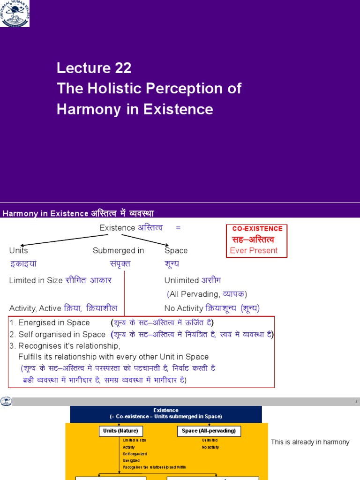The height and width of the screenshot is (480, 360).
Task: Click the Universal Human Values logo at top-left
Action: coord(15,13)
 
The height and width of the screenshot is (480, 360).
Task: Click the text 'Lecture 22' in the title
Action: coord(94,68)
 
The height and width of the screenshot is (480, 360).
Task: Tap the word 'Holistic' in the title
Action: coord(112,89)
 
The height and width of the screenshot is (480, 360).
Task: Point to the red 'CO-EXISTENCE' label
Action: coord(257,229)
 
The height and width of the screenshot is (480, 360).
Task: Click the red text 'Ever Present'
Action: coord(254,250)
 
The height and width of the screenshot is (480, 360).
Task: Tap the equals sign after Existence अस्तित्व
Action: coord(178,228)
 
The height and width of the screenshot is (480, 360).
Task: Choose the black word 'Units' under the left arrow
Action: coord(19,251)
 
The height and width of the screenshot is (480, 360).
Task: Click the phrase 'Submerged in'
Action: coord(118,251)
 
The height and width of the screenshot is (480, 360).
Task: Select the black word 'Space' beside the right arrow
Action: coord(176,251)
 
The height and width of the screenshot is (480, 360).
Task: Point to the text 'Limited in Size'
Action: coord(36,280)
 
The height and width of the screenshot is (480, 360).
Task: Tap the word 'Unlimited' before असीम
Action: coord(181,280)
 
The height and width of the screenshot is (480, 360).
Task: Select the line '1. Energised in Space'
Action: coord(49,322)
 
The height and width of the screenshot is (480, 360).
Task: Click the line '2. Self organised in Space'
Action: coord(57,334)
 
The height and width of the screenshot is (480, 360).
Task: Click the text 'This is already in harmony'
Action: coord(310,442)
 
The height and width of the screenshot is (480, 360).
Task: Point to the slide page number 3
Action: coord(356,402)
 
